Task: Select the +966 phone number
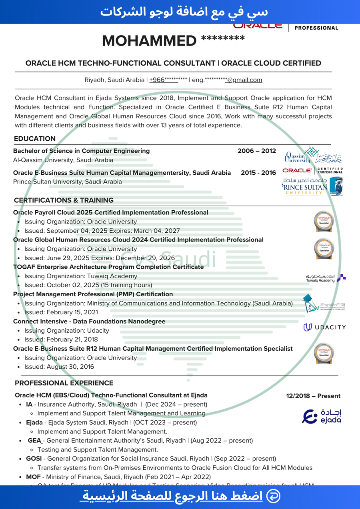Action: [x=168, y=80]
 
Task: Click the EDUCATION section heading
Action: [x=35, y=139]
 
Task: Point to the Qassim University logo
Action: [x=313, y=155]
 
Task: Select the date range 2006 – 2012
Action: [x=256, y=151]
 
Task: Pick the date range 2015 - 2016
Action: [x=258, y=173]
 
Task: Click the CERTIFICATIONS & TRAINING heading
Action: [x=64, y=200]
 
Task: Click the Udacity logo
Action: [x=324, y=327]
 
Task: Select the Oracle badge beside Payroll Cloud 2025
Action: [x=324, y=221]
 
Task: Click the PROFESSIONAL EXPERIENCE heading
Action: [x=64, y=383]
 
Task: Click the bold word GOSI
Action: [x=34, y=459]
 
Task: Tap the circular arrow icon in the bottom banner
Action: [x=273, y=496]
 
